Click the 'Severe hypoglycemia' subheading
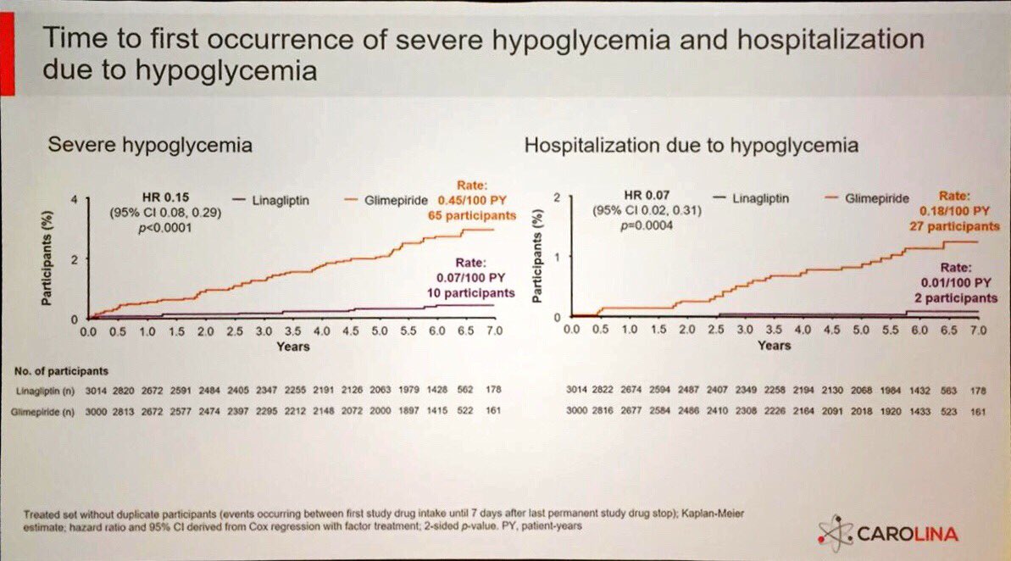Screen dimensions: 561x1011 tap(150, 145)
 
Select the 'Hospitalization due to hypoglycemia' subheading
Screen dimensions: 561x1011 tap(691, 145)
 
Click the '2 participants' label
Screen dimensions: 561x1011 tap(956, 297)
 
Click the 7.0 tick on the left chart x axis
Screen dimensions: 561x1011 tap(494, 331)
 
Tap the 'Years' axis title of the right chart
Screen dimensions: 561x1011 tap(774, 345)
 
